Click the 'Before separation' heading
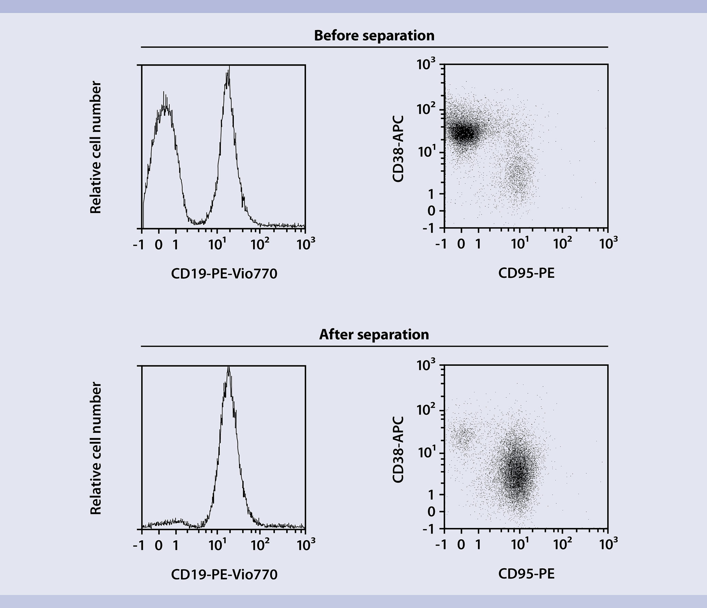374,36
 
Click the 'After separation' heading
374,335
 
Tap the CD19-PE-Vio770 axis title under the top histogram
224,274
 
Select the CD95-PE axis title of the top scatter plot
526,273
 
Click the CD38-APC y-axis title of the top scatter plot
398,149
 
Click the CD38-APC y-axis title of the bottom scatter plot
398,449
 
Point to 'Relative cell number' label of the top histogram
96,147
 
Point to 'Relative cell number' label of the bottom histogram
96,448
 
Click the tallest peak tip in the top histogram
228,71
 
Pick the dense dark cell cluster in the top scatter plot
464,133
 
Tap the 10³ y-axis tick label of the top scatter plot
426,65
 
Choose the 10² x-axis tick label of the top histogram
259,244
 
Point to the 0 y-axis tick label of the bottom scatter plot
431,512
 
